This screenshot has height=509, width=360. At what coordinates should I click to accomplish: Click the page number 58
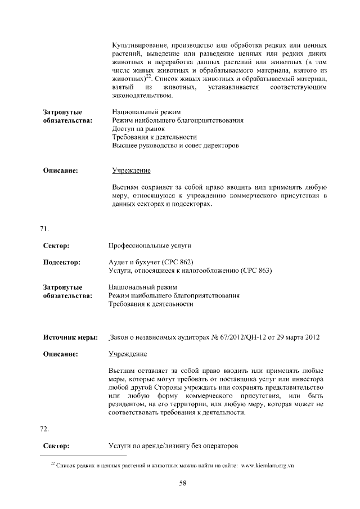pos(182,482)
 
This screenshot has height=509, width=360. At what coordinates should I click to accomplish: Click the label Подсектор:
pos(62,262)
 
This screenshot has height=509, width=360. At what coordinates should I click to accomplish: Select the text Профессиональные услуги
pos(150,246)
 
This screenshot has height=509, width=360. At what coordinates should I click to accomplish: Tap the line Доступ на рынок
pos(138,129)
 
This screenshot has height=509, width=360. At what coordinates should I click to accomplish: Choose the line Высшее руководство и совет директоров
pos(175,146)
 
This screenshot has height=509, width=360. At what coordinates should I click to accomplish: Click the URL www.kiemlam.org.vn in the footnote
pos(267,466)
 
